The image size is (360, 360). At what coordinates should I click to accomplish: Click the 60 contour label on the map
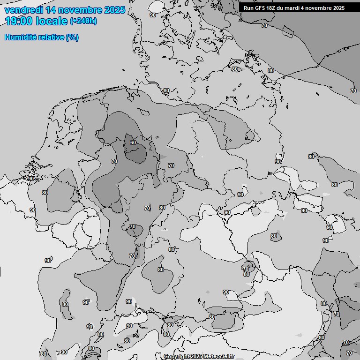click(x=133, y=142)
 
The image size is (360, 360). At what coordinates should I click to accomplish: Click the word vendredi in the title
click(x=23, y=10)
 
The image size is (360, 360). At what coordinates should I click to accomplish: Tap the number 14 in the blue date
click(x=51, y=10)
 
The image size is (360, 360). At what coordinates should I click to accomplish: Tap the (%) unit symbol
click(x=72, y=37)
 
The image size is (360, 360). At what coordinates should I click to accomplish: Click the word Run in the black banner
click(x=248, y=8)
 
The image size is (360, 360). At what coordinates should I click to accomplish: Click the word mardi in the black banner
click(x=294, y=8)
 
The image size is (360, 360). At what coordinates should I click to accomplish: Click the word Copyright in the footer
click(x=176, y=357)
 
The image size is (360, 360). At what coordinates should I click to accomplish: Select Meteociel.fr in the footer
click(x=218, y=357)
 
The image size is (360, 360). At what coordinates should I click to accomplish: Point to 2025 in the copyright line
click(x=196, y=357)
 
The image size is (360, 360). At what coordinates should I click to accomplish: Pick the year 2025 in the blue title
click(x=114, y=10)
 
